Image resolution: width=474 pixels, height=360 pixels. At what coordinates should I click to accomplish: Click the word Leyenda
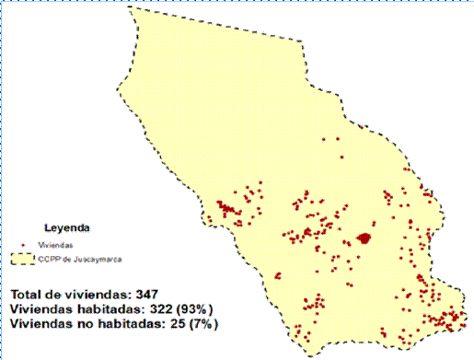[x=65, y=224]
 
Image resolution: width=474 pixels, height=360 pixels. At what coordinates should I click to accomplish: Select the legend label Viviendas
[x=52, y=247]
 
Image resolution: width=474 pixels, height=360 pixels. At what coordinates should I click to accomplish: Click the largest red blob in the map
[x=365, y=238]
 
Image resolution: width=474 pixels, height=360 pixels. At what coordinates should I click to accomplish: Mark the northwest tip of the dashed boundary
[x=129, y=7]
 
